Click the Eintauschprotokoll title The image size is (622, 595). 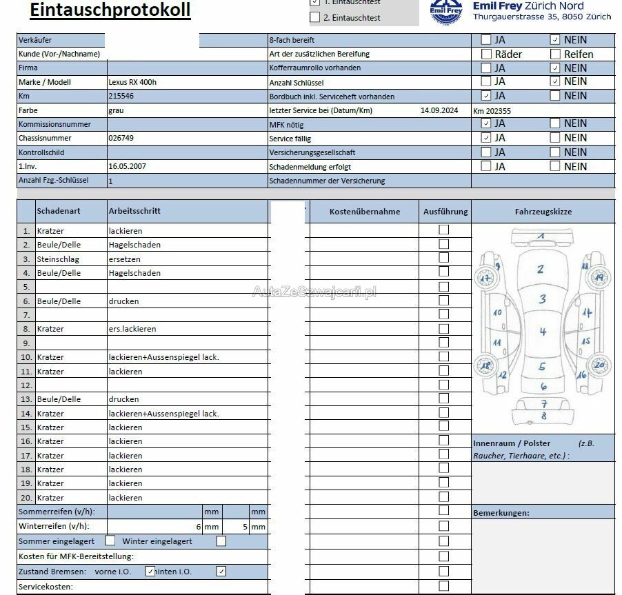(x=110, y=10)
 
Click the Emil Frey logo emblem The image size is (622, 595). (x=446, y=12)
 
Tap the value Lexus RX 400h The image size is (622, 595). (x=132, y=82)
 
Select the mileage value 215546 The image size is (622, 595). (x=121, y=96)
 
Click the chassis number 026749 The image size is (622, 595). (x=121, y=138)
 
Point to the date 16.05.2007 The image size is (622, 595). (x=127, y=166)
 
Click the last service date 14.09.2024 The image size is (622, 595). (x=439, y=110)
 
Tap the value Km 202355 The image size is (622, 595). (x=492, y=110)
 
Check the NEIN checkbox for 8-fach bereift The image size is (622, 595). (x=555, y=39)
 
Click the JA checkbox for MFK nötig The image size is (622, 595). (x=486, y=123)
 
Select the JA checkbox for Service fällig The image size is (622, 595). (x=486, y=138)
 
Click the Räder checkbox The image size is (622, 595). (x=486, y=54)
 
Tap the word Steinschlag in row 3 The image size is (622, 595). (x=58, y=259)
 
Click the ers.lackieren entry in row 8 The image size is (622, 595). (x=132, y=329)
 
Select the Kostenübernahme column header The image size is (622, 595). (x=364, y=212)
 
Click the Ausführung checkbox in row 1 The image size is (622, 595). (x=444, y=230)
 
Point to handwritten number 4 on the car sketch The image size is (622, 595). (x=543, y=332)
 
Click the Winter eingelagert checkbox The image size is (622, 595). (x=221, y=541)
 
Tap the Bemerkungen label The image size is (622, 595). (x=501, y=513)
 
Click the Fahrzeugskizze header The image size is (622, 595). (x=543, y=212)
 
